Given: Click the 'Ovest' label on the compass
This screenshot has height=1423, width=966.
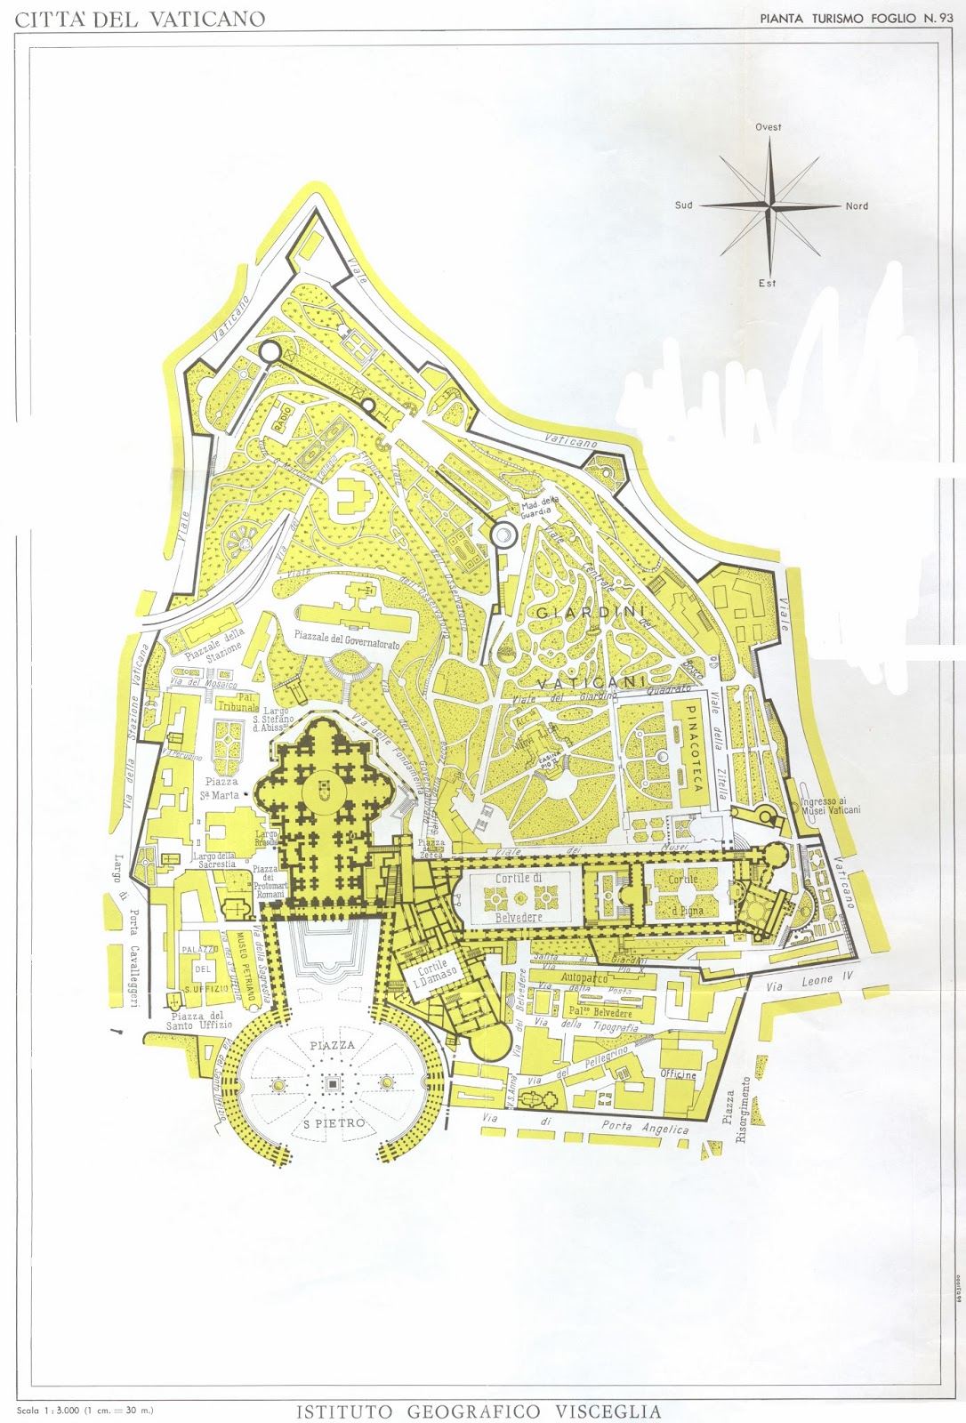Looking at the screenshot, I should [769, 127].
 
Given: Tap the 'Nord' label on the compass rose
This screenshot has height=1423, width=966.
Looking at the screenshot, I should [857, 206].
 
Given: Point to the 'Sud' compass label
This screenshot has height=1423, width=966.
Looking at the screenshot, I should [683, 205].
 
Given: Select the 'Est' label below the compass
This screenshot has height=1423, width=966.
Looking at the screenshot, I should [768, 283].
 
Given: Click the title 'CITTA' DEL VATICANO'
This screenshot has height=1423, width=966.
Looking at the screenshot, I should [141, 20].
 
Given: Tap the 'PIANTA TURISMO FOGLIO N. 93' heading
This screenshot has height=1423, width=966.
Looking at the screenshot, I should [849, 18].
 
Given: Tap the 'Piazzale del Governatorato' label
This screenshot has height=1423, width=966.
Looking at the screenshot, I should [347, 639].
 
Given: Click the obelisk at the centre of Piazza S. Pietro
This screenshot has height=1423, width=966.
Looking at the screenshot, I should [333, 1083].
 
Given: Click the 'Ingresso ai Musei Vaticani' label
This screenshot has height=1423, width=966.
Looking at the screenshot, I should [830, 805].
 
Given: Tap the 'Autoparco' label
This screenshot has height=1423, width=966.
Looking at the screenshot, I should [584, 978].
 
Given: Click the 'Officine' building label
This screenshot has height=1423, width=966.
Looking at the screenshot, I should [678, 1074].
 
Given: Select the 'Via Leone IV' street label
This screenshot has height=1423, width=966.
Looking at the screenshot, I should [809, 983].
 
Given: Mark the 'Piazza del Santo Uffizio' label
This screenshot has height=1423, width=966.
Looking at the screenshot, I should [199, 1021].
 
